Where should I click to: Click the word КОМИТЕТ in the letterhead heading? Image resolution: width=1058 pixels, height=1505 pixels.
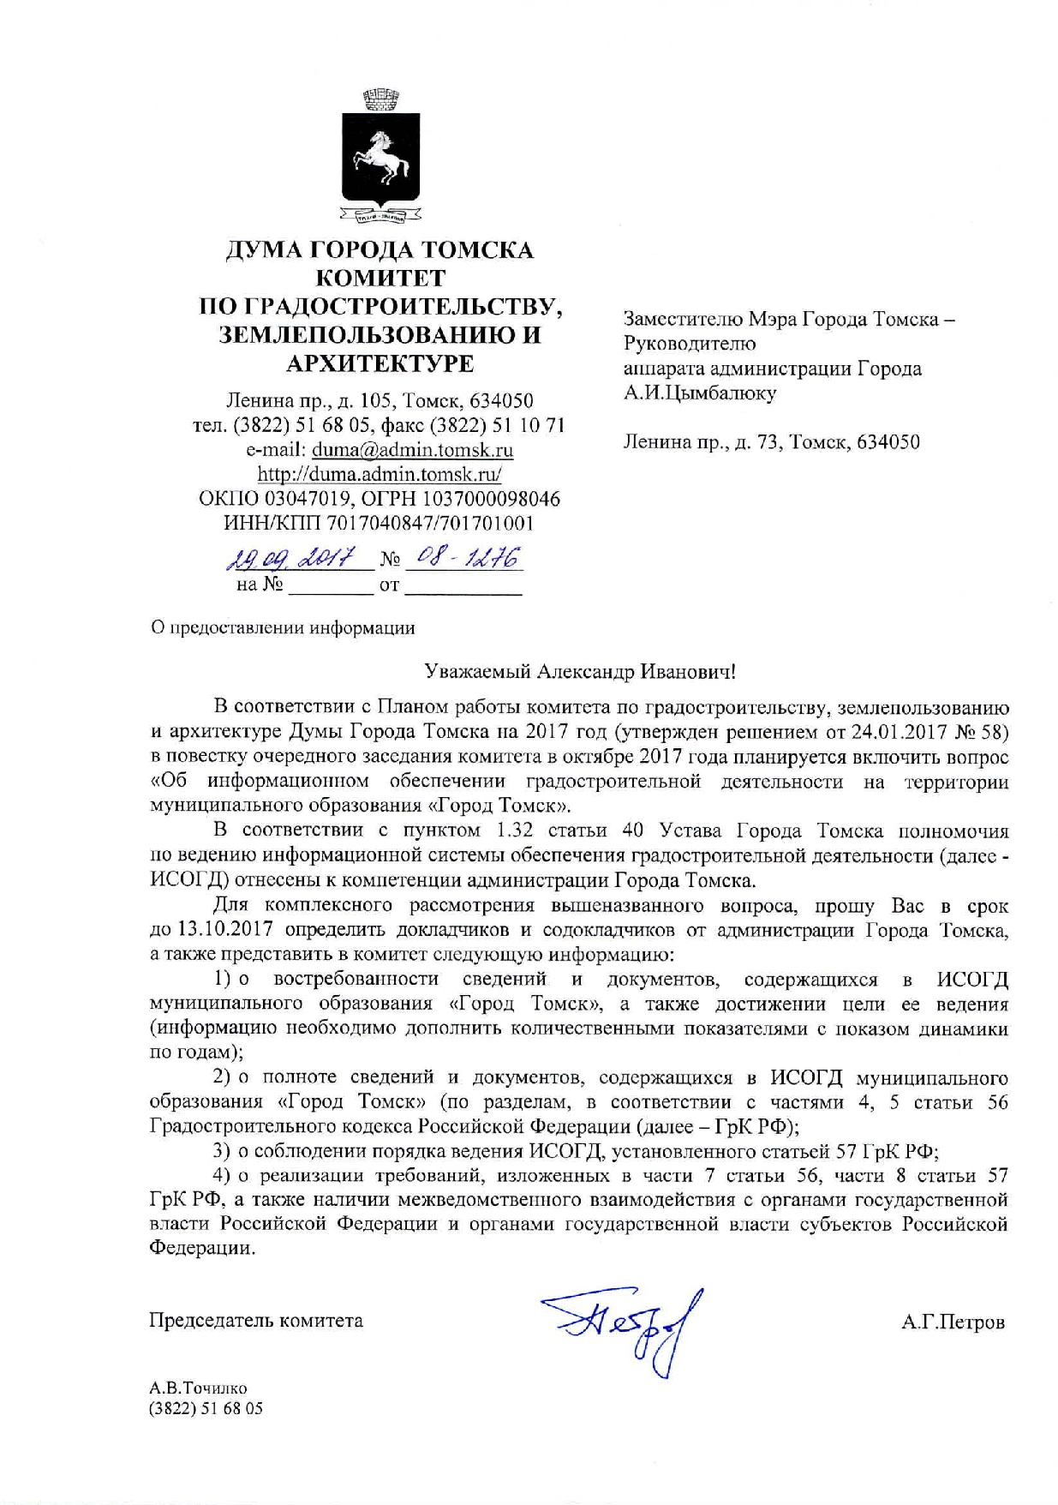pos(380,278)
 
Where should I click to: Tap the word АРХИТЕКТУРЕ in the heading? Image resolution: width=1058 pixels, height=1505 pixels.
pos(380,363)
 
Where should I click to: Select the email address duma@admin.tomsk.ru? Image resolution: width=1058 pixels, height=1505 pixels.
pos(412,450)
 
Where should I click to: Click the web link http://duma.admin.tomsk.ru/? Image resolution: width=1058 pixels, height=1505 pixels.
pos(380,474)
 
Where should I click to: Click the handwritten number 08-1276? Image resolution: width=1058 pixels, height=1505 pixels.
pos(463,559)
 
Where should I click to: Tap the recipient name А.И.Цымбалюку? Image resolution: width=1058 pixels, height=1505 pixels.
pos(700,393)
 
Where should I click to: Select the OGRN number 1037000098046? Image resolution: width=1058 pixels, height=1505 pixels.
pos(478,499)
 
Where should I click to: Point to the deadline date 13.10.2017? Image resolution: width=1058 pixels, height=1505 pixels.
pos(225,930)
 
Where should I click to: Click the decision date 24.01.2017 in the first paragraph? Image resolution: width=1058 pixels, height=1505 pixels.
pos(900,732)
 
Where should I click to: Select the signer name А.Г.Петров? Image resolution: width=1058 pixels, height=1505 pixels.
pos(953,1322)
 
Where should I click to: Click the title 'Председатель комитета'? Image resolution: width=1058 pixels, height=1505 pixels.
pos(256,1321)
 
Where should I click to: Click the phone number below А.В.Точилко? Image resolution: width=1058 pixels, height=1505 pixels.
pos(206,1409)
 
